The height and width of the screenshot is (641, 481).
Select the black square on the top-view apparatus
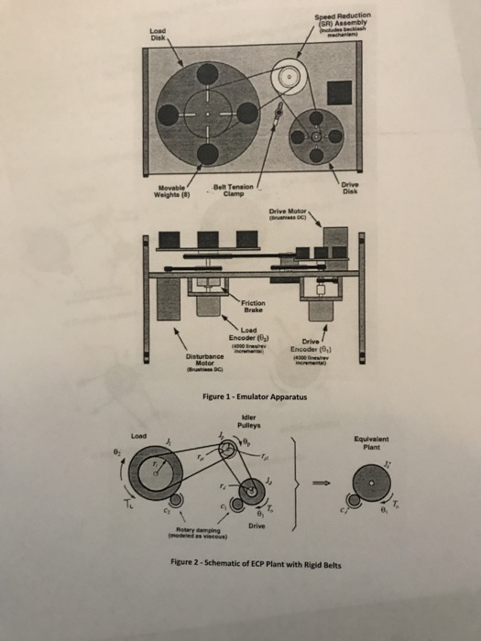[340, 92]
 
